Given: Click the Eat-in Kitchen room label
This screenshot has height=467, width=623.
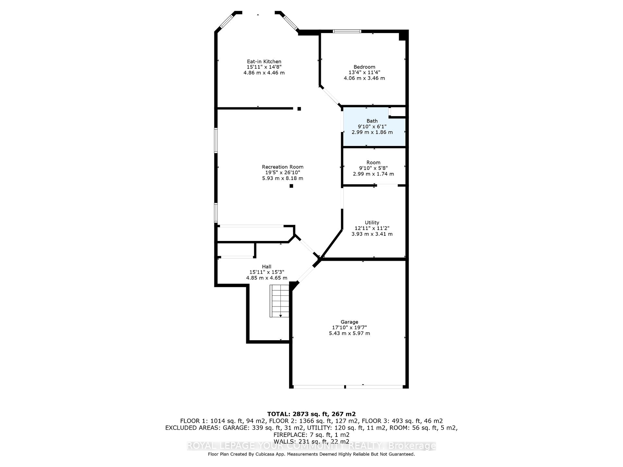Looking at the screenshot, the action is (264, 62).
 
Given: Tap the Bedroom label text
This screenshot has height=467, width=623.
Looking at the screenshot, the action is (364, 67).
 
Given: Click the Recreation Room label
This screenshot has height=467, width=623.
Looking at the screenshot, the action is (283, 167).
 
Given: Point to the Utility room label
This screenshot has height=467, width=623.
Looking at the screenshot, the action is (372, 223).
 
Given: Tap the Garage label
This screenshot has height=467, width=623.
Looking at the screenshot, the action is (349, 322).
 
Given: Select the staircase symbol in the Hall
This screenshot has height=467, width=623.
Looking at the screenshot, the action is (279, 301).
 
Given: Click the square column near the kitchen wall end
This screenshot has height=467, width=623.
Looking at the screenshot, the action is (299, 109).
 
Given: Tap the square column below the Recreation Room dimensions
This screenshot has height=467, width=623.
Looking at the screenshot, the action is (291, 186).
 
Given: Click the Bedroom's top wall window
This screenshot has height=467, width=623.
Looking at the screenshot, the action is (347, 31).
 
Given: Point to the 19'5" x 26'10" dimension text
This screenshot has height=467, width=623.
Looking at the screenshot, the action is (283, 173).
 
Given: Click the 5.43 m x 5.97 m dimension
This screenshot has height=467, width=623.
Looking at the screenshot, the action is (349, 333).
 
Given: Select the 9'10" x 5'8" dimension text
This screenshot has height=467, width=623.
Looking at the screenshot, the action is (373, 168).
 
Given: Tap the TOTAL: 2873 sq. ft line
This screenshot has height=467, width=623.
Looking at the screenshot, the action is (311, 414).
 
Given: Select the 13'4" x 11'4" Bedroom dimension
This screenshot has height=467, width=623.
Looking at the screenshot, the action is (364, 73).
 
